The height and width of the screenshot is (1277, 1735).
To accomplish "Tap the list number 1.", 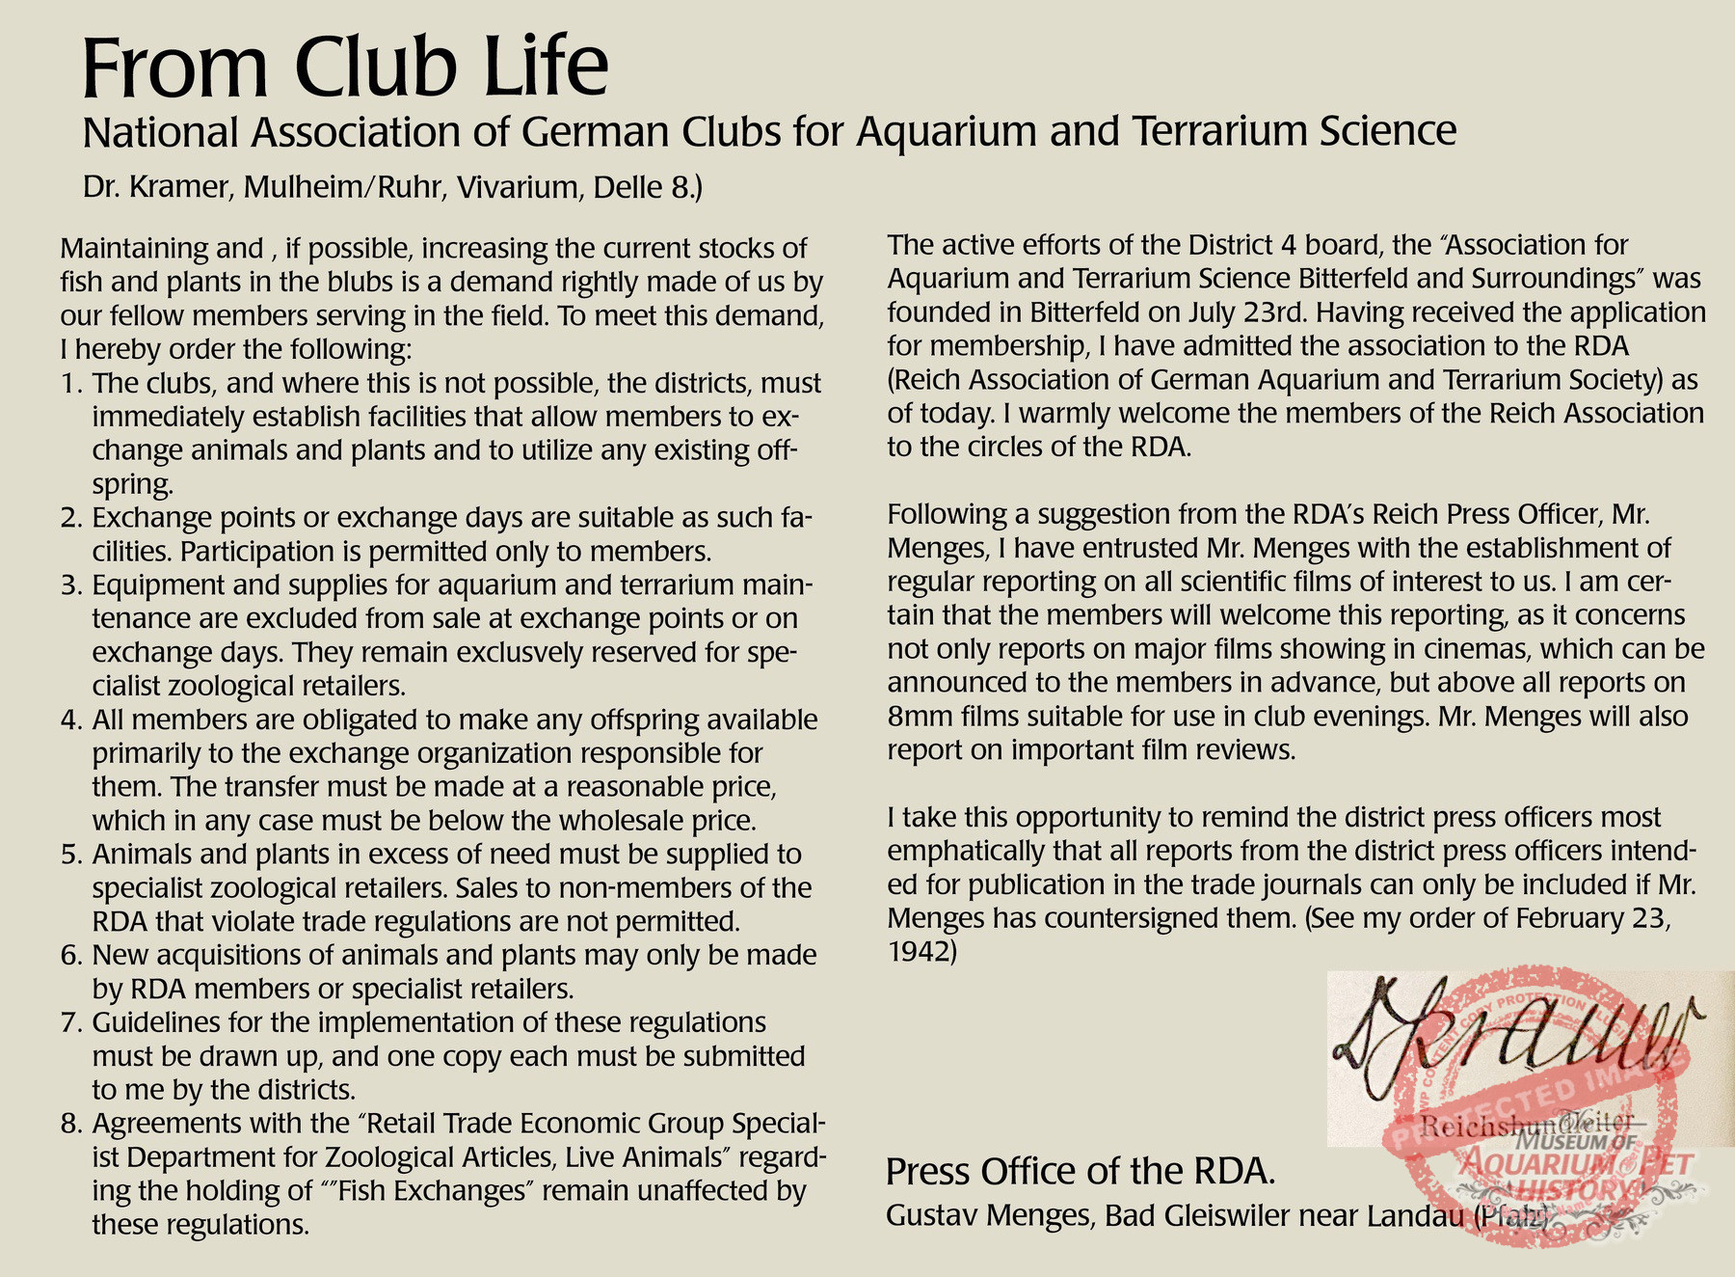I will tap(68, 384).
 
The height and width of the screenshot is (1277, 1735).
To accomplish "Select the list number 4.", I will tap(68, 720).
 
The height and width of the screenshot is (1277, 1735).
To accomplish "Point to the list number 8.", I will tap(68, 1124).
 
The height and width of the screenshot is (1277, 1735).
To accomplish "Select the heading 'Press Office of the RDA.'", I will tap(1081, 1171).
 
